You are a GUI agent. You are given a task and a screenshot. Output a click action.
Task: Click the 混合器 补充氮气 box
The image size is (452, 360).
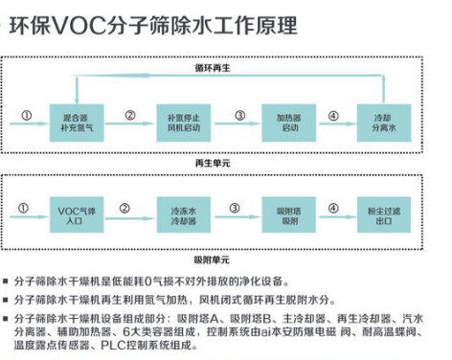pyautogui.click(x=77, y=123)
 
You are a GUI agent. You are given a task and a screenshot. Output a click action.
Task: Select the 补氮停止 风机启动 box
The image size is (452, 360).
pyautogui.click(x=184, y=123)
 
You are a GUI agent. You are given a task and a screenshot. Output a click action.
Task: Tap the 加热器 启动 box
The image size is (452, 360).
pyautogui.click(x=289, y=123)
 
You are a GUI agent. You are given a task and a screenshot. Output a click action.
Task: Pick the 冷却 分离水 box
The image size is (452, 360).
pyautogui.click(x=384, y=123)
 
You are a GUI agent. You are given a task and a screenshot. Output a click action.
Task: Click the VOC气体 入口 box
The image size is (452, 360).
pyautogui.click(x=77, y=214)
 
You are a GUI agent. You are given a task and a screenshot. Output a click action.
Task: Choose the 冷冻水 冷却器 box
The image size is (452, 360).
pyautogui.click(x=184, y=214)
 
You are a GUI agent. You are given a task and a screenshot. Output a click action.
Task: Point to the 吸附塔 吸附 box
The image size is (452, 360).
pyautogui.click(x=289, y=214)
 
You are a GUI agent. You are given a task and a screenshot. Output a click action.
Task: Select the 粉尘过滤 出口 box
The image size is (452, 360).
pyautogui.click(x=384, y=214)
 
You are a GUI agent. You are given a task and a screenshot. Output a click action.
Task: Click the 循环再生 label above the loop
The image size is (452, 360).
pyautogui.click(x=213, y=68)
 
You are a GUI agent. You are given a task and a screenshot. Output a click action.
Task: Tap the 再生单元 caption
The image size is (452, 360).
pyautogui.click(x=213, y=164)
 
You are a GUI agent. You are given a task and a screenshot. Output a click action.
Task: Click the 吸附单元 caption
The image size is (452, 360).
pyautogui.click(x=212, y=259)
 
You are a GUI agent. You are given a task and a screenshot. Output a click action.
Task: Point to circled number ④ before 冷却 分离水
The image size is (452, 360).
pyautogui.click(x=333, y=116)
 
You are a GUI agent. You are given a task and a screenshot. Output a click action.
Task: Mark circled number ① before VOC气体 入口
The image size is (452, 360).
pyautogui.click(x=23, y=209)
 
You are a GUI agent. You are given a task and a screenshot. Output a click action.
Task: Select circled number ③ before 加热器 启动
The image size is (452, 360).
pyautogui.click(x=240, y=116)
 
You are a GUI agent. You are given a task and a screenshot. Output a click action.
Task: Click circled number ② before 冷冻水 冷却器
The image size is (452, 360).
pyautogui.click(x=124, y=209)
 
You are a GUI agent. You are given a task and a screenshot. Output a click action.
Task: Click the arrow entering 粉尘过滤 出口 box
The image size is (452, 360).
pyautogui.click(x=338, y=217)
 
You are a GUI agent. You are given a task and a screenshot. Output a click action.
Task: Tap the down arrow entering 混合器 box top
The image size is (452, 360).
pyautogui.click(x=77, y=90)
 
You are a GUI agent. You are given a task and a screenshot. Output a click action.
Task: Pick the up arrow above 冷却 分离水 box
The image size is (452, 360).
pyautogui.click(x=384, y=90)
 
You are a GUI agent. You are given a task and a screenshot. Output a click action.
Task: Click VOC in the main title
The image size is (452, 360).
pyautogui.click(x=79, y=26)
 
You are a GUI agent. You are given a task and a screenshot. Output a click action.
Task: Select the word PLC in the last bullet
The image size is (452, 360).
pyautogui.click(x=113, y=346)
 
